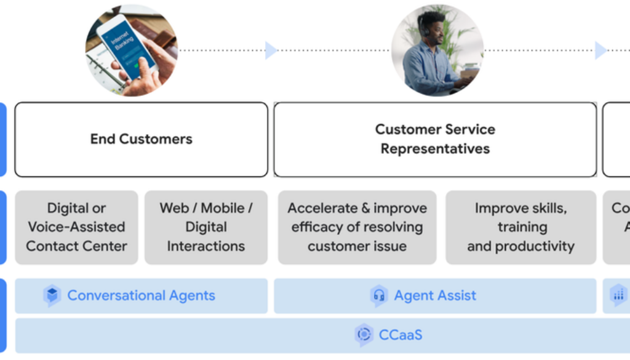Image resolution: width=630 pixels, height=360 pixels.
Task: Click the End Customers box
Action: (x=141, y=140)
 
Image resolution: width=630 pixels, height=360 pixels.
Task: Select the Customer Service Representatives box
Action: (x=435, y=140)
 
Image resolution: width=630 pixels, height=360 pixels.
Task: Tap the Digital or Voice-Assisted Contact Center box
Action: (x=76, y=227)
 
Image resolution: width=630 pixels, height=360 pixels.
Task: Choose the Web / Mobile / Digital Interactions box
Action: (x=206, y=227)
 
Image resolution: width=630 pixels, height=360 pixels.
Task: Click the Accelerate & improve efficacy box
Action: (x=357, y=227)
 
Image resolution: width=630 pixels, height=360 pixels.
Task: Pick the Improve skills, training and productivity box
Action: (x=520, y=227)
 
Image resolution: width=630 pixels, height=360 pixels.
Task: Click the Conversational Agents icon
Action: (x=52, y=296)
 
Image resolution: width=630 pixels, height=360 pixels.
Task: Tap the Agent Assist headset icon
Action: (x=379, y=296)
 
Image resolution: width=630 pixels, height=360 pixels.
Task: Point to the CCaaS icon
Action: (x=364, y=335)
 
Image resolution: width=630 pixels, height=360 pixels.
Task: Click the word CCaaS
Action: (x=401, y=335)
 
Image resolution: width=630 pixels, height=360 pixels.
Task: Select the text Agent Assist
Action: (x=435, y=296)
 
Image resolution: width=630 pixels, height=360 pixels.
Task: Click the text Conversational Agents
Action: (x=141, y=296)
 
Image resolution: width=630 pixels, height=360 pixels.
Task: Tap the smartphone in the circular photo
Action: (x=130, y=48)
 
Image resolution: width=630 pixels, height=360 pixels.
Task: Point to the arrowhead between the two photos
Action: (x=271, y=50)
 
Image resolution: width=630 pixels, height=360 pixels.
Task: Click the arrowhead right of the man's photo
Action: (x=600, y=50)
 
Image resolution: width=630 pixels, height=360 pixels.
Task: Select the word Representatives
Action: (x=435, y=149)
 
